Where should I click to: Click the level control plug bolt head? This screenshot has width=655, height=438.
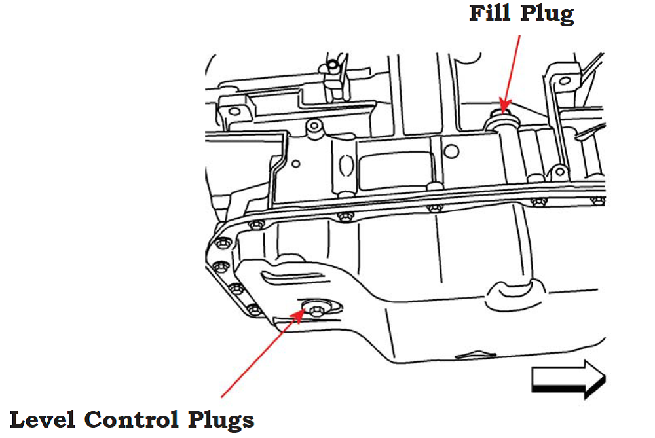pyautogui.click(x=315, y=308)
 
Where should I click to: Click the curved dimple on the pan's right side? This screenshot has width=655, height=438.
pyautogui.click(x=513, y=289)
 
